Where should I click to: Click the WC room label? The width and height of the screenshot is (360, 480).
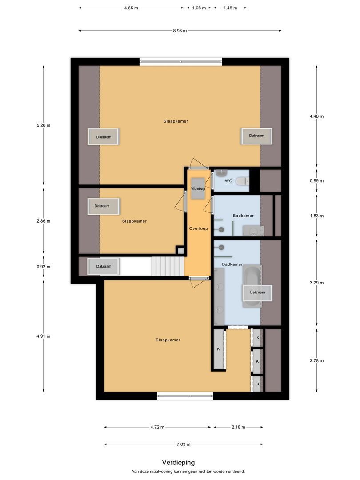click(228, 181)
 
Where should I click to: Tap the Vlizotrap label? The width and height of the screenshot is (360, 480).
click(198, 188)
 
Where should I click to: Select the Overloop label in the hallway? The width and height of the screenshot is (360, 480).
click(198, 228)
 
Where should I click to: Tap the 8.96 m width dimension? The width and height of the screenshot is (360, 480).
click(180, 31)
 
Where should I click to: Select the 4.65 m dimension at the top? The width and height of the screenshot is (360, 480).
click(131, 8)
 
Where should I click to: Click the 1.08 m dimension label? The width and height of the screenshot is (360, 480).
click(199, 8)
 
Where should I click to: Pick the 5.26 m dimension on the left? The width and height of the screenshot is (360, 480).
click(44, 125)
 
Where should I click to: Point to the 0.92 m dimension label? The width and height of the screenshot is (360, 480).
click(44, 267)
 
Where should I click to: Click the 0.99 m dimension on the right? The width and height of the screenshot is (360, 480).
click(317, 181)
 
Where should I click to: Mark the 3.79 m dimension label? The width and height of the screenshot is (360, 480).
click(317, 283)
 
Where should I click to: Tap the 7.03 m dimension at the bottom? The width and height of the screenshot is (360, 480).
click(183, 444)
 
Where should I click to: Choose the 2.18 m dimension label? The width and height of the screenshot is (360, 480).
click(238, 427)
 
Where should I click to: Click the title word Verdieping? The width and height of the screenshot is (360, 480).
click(178, 463)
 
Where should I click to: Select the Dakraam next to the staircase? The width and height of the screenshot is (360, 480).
click(104, 266)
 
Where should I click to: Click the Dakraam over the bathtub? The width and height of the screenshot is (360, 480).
click(257, 292)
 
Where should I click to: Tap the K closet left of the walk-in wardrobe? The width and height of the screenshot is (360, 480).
click(219, 349)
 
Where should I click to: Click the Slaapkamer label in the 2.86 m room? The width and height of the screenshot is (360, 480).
click(134, 221)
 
